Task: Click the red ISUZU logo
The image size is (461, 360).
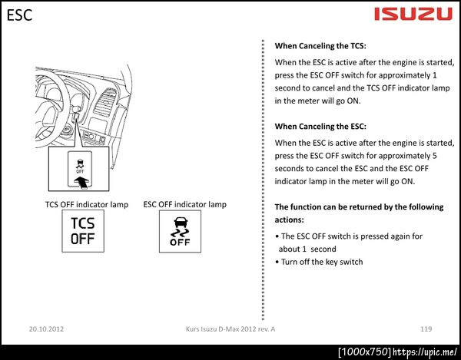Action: click(413, 14)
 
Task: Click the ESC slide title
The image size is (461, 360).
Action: click(19, 15)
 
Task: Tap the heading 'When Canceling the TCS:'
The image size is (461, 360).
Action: click(320, 46)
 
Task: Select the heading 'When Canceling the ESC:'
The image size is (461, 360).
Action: click(320, 127)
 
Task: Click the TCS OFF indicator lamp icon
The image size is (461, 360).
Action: click(83, 231)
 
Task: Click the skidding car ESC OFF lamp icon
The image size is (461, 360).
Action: click(180, 231)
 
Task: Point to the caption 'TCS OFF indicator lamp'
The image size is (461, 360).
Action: click(87, 204)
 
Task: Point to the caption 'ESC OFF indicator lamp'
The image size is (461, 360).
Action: click(185, 204)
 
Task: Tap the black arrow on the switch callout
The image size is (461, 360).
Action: click(81, 182)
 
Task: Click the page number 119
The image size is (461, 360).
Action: click(426, 329)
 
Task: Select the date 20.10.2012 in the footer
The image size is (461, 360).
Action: click(46, 329)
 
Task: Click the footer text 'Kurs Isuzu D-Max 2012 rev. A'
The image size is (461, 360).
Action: click(230, 329)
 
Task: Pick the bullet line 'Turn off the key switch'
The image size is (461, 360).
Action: click(319, 262)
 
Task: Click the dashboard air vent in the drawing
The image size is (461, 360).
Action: click(105, 102)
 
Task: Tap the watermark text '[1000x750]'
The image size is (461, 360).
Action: click(364, 352)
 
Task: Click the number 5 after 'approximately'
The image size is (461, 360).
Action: click(435, 156)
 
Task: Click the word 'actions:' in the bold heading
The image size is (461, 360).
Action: click(290, 220)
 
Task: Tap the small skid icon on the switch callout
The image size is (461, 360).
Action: click(80, 167)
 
